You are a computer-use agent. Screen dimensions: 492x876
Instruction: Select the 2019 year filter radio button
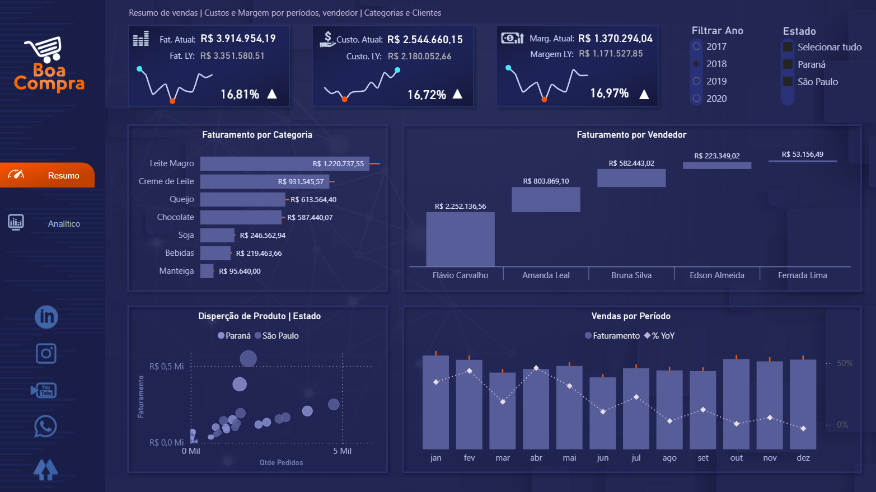pos(697,81)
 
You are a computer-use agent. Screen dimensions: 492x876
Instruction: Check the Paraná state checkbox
pos(788,64)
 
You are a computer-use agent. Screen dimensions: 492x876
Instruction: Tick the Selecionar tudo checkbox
pos(788,47)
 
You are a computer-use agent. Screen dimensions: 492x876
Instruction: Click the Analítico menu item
pos(64,224)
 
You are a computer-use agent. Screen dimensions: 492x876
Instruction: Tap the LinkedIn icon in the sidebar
pos(46,317)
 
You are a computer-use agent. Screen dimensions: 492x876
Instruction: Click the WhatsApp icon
pos(45,427)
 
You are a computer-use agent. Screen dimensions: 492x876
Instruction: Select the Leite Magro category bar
pos(284,163)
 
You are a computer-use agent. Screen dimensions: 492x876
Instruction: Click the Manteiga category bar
pos(207,271)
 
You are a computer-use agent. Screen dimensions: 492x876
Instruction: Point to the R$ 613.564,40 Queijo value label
pos(313,200)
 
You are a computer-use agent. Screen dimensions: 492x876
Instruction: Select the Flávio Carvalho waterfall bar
pos(460,239)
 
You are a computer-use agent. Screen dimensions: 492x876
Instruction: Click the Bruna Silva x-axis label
pos(631,275)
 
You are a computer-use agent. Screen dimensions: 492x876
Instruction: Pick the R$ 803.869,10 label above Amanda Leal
pos(546,181)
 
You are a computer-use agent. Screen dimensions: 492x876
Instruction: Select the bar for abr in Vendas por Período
pos(536,409)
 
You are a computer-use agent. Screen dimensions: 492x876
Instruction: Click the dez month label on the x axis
pos(803,458)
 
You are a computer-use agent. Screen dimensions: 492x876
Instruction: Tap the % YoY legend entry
pos(660,336)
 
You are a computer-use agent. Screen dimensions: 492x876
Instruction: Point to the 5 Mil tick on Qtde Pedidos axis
pos(342,451)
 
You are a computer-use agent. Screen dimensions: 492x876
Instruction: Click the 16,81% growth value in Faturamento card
pos(240,95)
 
